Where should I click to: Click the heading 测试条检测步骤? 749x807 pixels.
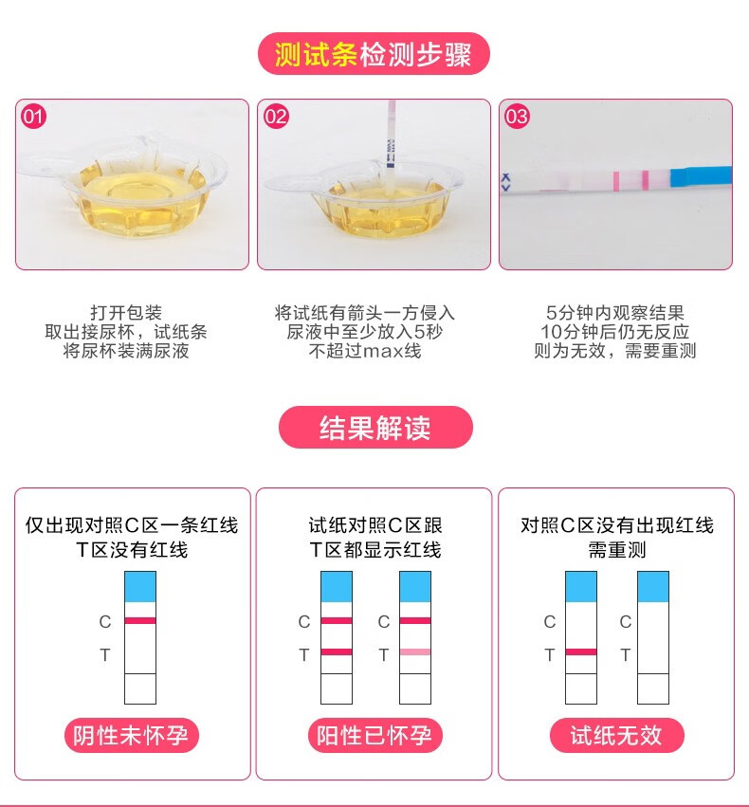point(374,54)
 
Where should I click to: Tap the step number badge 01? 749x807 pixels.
point(34,117)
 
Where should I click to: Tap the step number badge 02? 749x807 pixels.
point(276,117)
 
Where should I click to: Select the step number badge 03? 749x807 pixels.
point(518,117)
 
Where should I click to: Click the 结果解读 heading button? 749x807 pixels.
point(374,428)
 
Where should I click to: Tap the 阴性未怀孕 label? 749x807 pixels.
point(132,736)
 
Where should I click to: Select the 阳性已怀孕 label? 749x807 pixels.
point(374,736)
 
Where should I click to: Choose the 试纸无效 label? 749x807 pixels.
point(616,736)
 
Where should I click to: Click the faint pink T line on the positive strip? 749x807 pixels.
point(415,652)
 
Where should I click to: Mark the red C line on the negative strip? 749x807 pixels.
point(140,620)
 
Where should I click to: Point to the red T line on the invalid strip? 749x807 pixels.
point(581,652)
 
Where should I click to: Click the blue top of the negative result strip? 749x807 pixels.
point(140,586)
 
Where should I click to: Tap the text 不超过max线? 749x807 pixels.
point(365,351)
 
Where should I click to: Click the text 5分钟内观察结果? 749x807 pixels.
point(615,313)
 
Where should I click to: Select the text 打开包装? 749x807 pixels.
point(126,313)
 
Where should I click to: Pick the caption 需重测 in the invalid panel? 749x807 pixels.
point(616,549)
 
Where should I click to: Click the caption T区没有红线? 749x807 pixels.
point(132,549)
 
